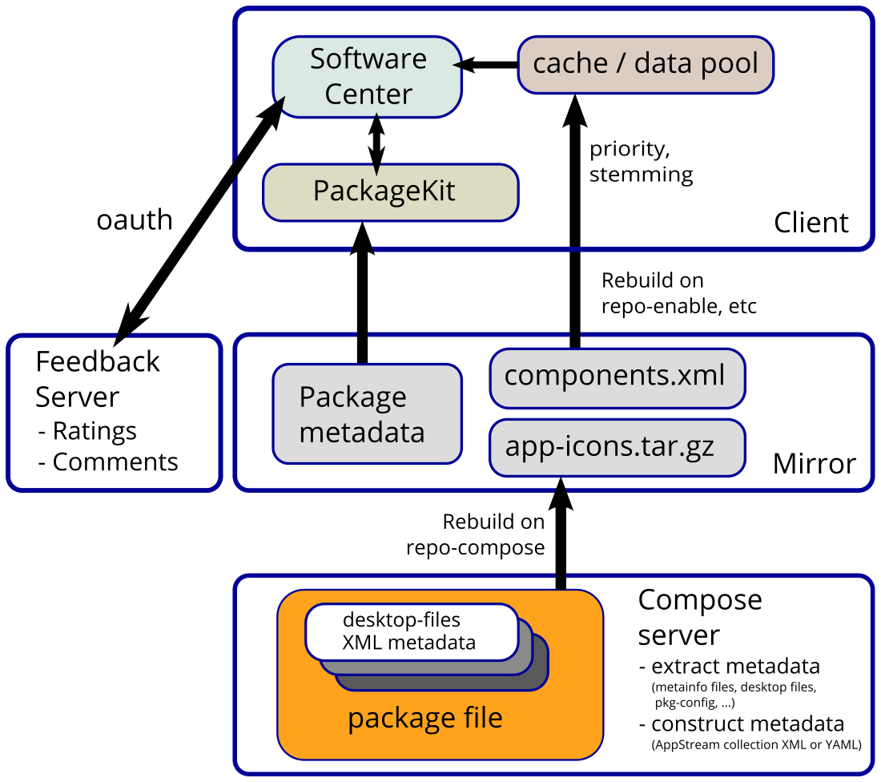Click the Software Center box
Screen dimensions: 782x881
point(368,77)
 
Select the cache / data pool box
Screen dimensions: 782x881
point(646,64)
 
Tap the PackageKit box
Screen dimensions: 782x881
point(391,191)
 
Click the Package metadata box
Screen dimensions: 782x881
point(368,414)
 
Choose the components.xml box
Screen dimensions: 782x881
point(617,377)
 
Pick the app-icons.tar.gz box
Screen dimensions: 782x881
point(617,445)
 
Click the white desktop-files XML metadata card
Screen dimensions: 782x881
point(412,631)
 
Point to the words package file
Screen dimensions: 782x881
point(424,718)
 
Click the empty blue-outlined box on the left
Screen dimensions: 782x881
point(114,412)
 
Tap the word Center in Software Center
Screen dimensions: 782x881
point(368,95)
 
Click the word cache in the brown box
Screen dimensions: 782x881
point(570,64)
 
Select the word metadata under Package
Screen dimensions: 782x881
point(362,433)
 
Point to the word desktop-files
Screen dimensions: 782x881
point(402,620)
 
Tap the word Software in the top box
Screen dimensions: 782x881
point(368,59)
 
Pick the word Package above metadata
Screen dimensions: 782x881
point(352,397)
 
